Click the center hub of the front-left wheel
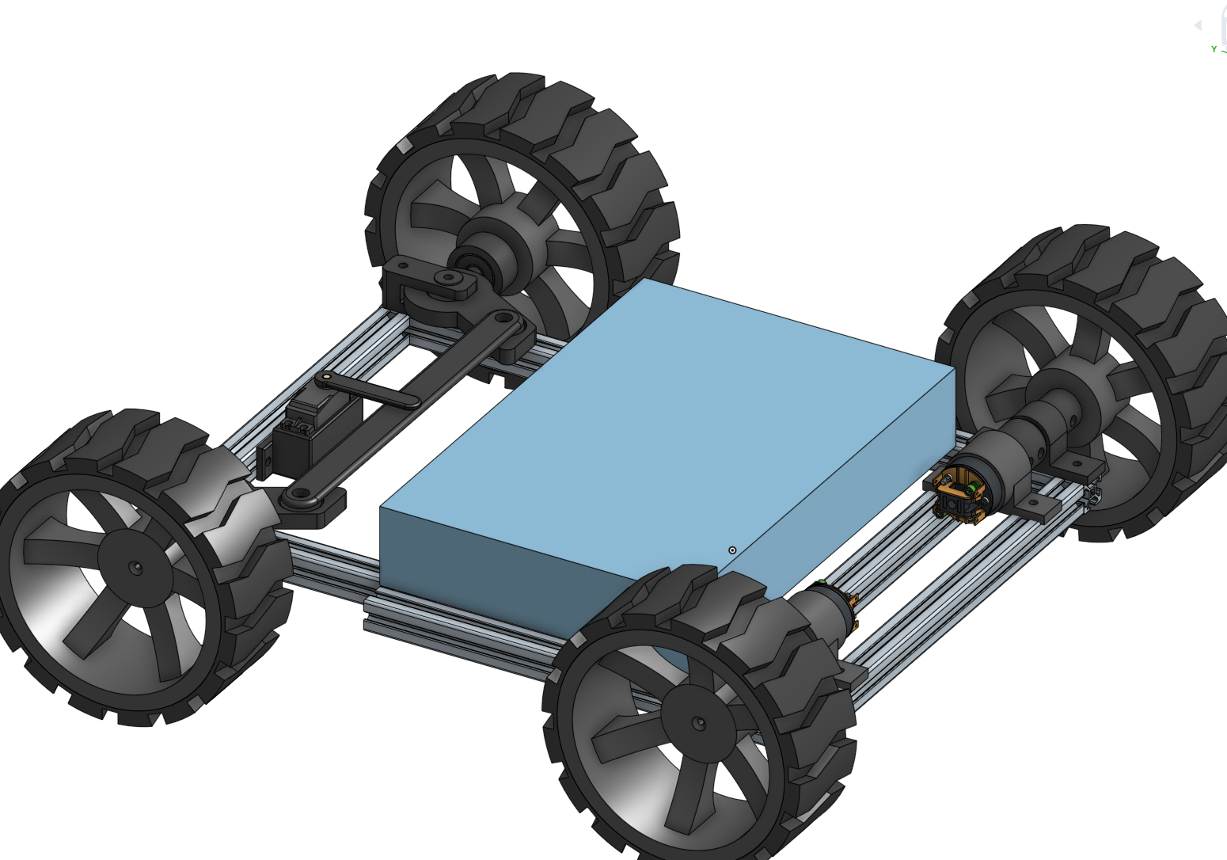pyautogui.click(x=135, y=568)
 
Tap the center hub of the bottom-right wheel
pyautogui.click(x=697, y=723)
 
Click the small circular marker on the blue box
pyautogui.click(x=732, y=550)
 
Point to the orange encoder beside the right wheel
pyautogui.click(x=960, y=494)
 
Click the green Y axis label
pyautogui.click(x=1214, y=49)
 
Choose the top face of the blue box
pyautogui.click(x=665, y=412)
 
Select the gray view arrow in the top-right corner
pyautogui.click(x=1197, y=25)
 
